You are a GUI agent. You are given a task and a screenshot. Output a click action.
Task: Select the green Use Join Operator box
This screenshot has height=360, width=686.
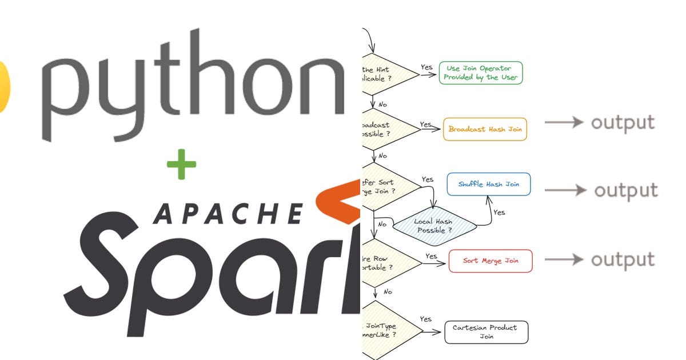click(x=481, y=73)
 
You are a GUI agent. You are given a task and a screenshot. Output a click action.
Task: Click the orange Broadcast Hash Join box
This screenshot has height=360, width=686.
click(x=485, y=129)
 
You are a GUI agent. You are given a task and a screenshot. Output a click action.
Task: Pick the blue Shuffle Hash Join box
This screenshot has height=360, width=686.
click(x=488, y=185)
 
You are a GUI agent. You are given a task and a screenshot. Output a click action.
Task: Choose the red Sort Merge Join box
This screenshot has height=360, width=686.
click(x=490, y=261)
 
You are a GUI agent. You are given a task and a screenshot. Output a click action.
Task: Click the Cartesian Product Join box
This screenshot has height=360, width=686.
click(x=486, y=332)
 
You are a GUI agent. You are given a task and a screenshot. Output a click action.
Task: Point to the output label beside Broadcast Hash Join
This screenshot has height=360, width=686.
click(x=623, y=122)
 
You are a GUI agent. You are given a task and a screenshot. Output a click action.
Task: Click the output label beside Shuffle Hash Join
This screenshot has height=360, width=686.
click(x=625, y=190)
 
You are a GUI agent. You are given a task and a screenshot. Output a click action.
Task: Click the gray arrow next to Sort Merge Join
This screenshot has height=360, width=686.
click(x=563, y=260)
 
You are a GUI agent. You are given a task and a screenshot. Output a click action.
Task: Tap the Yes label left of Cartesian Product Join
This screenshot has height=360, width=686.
click(x=425, y=319)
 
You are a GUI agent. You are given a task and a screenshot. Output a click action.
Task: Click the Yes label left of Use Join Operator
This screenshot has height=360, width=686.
click(x=426, y=67)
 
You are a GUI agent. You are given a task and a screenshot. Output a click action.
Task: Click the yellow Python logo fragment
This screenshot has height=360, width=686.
click(x=5, y=86)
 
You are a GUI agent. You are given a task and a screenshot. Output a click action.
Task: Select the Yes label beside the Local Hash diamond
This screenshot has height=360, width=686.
click(x=499, y=212)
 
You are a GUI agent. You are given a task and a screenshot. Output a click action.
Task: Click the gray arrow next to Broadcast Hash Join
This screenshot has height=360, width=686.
click(x=563, y=123)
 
